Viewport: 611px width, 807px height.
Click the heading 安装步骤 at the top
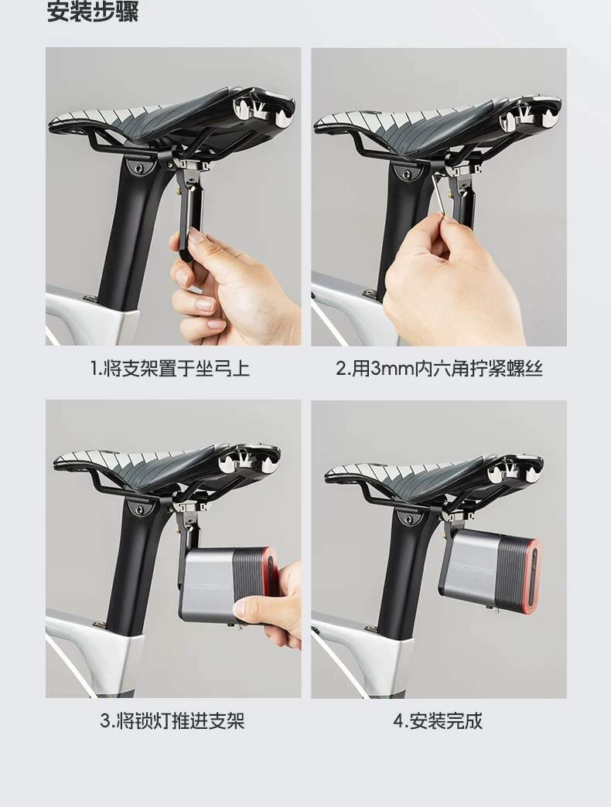click(x=93, y=12)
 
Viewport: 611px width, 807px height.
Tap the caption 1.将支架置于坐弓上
click(x=170, y=369)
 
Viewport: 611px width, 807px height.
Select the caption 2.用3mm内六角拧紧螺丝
click(x=439, y=369)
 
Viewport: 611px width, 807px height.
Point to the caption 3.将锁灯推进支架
click(x=172, y=720)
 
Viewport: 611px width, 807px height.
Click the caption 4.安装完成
click(x=438, y=720)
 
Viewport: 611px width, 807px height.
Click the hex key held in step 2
click(x=439, y=196)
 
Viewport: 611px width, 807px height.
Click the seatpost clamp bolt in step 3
click(x=138, y=509)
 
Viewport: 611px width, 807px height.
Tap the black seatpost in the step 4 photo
click(x=407, y=577)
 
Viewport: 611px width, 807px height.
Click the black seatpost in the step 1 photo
click(x=133, y=232)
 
